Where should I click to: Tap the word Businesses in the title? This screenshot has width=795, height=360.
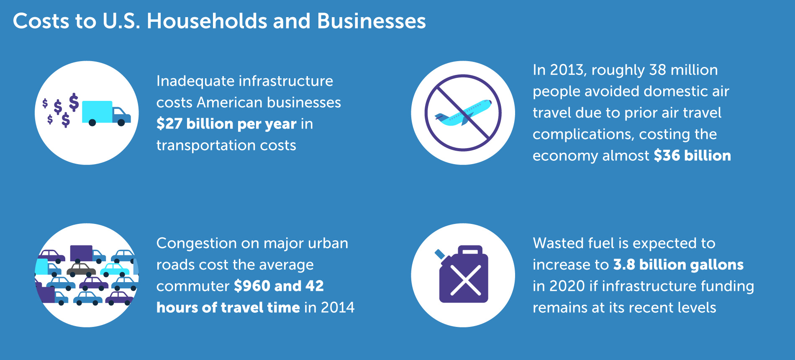point(371,21)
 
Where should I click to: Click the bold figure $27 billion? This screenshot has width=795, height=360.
point(195,124)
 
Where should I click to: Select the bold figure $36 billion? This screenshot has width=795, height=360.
point(692,156)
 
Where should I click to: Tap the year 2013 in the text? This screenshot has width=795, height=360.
point(567,70)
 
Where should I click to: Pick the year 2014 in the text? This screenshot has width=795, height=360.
point(337,308)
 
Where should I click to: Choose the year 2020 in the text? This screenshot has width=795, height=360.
point(567,286)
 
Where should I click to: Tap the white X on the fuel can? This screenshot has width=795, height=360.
point(466,280)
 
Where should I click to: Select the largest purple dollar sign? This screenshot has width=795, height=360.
point(74,102)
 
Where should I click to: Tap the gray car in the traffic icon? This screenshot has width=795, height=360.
point(81,269)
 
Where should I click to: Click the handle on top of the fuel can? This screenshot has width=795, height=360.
point(470,250)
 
